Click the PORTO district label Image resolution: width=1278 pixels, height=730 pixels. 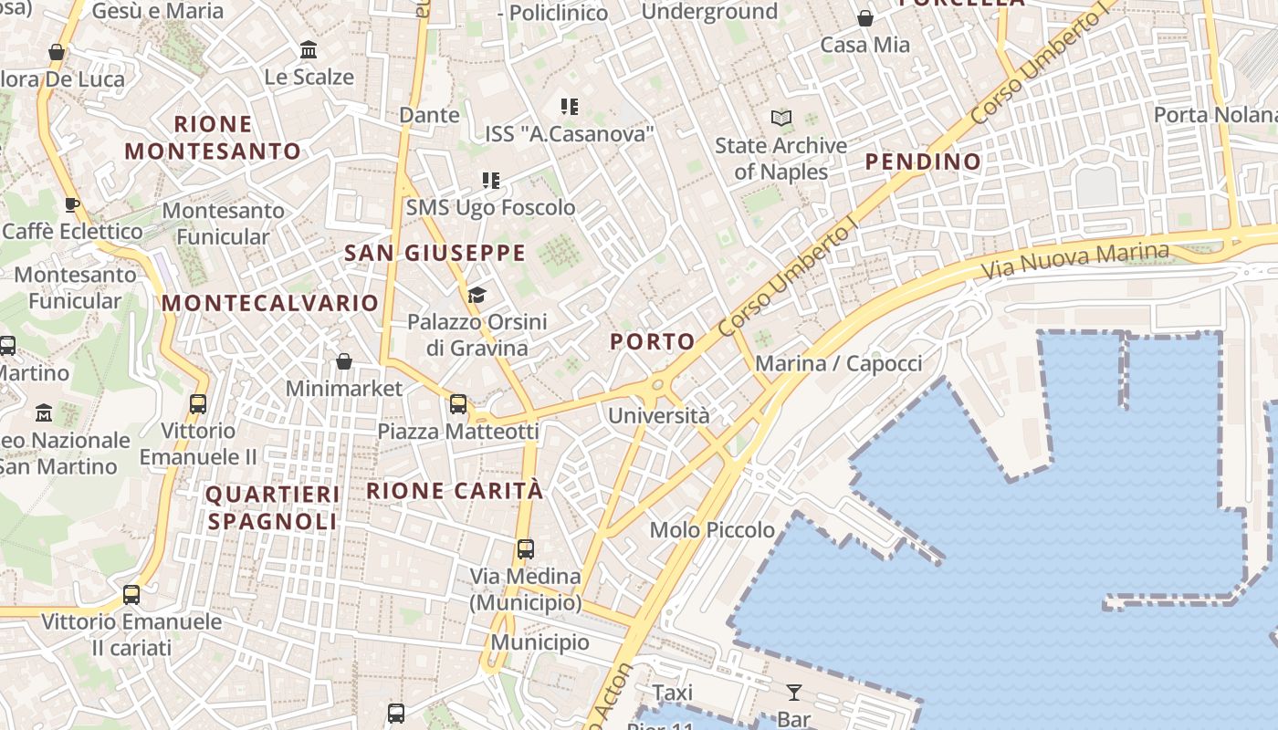point(652,342)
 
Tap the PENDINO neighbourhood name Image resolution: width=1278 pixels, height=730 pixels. point(923,162)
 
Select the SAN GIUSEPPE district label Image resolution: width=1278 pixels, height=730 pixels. point(435,254)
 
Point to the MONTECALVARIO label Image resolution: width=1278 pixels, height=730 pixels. point(270,303)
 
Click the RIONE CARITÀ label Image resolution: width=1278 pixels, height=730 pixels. point(455,491)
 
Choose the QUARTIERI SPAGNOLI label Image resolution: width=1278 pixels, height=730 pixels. point(273,508)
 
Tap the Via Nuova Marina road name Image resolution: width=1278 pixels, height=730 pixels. point(1074,261)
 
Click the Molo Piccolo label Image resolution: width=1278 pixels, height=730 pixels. point(712,530)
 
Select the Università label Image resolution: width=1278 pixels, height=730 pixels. point(658,416)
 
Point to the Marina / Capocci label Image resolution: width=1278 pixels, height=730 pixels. point(838,364)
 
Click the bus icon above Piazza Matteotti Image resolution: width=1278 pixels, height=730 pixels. point(458,403)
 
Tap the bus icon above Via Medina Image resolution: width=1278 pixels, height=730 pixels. point(525,549)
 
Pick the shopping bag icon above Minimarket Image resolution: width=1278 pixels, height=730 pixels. point(344,362)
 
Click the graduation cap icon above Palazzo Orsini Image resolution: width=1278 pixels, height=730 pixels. point(477,295)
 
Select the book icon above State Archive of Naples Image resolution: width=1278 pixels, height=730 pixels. point(780,118)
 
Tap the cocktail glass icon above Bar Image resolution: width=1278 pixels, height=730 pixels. point(793,692)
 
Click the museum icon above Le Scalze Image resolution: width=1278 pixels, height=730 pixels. point(309,49)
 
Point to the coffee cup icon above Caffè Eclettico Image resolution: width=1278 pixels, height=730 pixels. point(72,204)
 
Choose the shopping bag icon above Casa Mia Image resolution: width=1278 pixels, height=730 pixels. point(864,18)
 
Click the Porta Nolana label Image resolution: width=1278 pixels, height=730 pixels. point(1215,115)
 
